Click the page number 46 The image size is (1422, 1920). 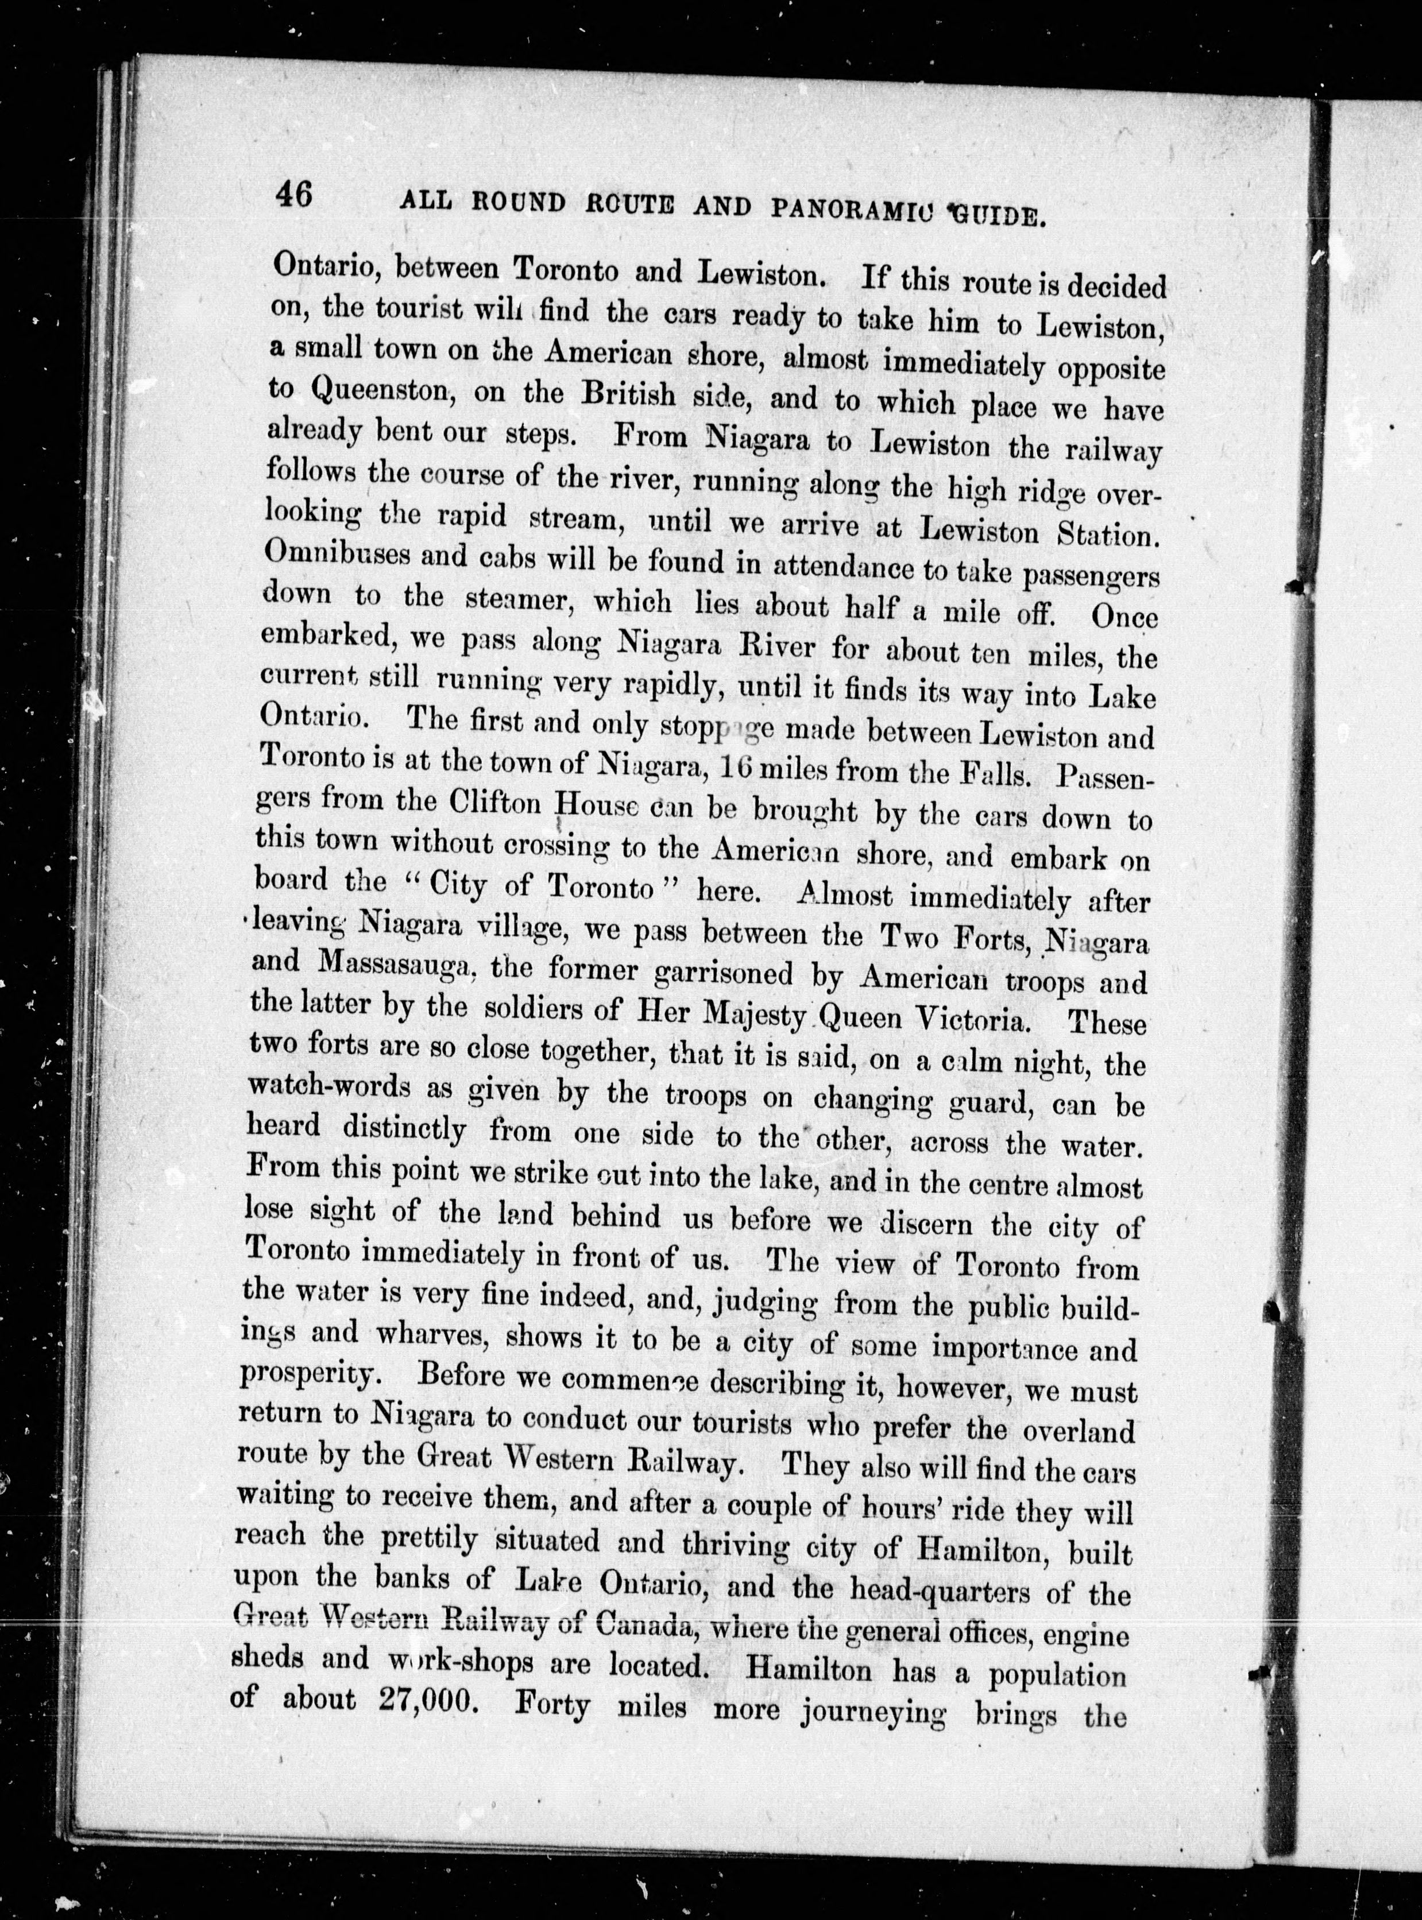pyautogui.click(x=295, y=195)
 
